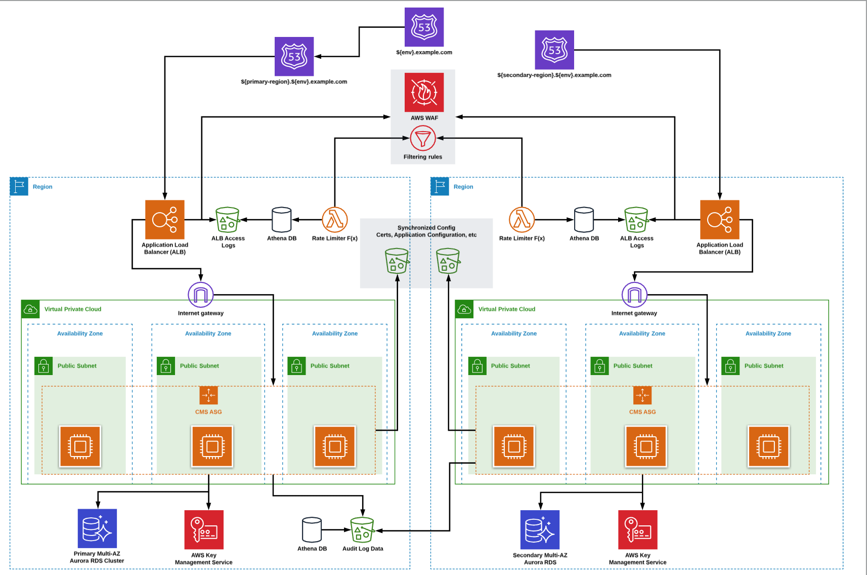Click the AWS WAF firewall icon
pyautogui.click(x=424, y=92)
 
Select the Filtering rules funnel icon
pyautogui.click(x=423, y=138)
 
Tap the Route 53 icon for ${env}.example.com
pyautogui.click(x=424, y=27)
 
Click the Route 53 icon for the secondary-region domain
pyautogui.click(x=554, y=50)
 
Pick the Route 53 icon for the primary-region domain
pyautogui.click(x=294, y=56)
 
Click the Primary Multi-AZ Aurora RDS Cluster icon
pyautogui.click(x=97, y=528)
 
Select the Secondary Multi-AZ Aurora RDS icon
pyautogui.click(x=540, y=529)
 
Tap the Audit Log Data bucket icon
pyautogui.click(x=362, y=530)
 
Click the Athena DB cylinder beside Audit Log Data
pyautogui.click(x=312, y=529)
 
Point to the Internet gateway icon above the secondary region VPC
pyautogui.click(x=634, y=295)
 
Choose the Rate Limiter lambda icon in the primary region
pyautogui.click(x=334, y=220)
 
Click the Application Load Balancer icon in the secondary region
pyautogui.click(x=719, y=220)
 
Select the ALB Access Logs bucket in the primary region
pyautogui.click(x=228, y=220)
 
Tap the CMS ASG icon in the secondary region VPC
pyautogui.click(x=642, y=395)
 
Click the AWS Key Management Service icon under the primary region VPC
pyautogui.click(x=204, y=529)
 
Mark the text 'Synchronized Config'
pyautogui.click(x=426, y=228)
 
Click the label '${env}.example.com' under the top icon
pyautogui.click(x=424, y=52)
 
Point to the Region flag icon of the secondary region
pyautogui.click(x=440, y=186)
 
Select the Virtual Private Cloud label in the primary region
pyautogui.click(x=73, y=309)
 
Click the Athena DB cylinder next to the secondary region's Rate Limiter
pyautogui.click(x=584, y=220)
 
